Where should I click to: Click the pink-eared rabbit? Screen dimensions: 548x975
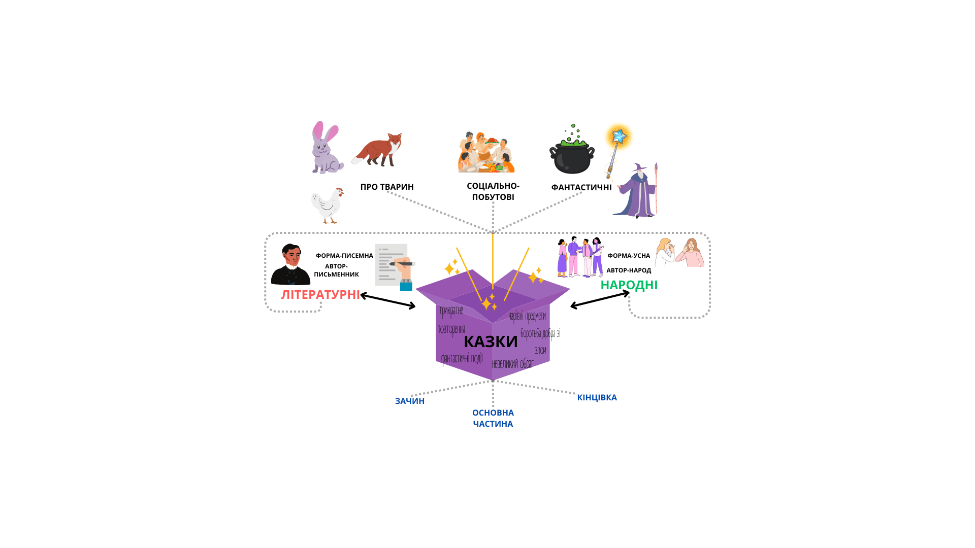pos(326,149)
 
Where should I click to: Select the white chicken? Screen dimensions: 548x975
pos(327,205)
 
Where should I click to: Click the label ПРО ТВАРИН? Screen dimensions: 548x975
pos(387,187)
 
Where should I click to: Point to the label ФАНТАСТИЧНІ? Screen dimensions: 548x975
pos(581,188)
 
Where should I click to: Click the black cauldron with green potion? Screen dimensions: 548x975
pos(572,154)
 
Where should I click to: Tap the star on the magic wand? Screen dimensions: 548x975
pos(619,136)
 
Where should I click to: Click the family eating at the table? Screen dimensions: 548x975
pos(486,153)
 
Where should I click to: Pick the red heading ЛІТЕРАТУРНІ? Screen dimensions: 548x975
pos(320,295)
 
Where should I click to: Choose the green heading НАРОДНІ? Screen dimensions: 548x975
pos(629,285)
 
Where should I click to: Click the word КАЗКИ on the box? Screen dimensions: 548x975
pos(491,341)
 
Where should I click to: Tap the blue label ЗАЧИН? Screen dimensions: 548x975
pos(410,401)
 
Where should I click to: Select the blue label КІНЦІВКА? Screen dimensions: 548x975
pos(597,397)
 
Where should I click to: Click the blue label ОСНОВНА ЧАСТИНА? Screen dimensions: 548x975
pos(493,418)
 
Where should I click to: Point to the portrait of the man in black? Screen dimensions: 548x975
pos(290,265)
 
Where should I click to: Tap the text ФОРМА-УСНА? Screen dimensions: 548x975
pos(629,256)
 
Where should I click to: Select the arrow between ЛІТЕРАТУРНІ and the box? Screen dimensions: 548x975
pos(388,301)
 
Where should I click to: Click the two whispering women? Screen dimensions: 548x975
pos(679,253)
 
